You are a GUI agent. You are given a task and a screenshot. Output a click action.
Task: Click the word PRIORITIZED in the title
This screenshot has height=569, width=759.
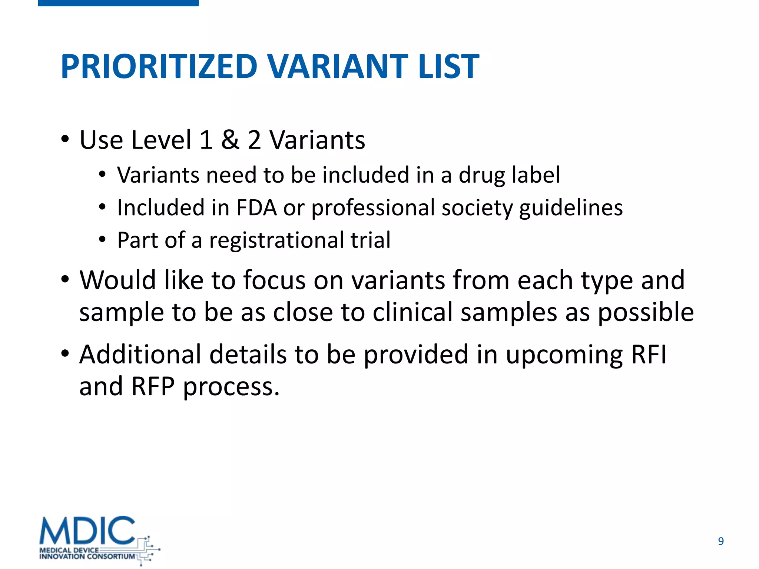(159, 67)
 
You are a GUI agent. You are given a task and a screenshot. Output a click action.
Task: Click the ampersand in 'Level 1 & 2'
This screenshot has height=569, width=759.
(230, 140)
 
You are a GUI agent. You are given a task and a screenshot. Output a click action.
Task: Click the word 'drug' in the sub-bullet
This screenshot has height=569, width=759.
(481, 176)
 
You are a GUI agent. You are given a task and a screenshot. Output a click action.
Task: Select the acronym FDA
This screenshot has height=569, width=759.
(256, 207)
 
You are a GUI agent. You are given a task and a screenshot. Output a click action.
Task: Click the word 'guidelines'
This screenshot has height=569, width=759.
(571, 208)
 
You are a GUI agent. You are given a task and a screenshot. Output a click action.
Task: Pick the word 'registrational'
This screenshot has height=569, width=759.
(276, 240)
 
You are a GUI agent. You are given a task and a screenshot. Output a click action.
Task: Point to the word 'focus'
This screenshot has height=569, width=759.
(274, 280)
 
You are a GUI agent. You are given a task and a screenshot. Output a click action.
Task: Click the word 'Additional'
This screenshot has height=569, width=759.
(140, 355)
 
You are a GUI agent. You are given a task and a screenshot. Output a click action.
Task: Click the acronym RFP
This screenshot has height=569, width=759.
(153, 387)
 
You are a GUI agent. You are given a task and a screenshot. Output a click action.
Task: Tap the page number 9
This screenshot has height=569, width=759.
(720, 541)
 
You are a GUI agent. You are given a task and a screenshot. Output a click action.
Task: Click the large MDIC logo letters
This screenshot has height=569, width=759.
(87, 530)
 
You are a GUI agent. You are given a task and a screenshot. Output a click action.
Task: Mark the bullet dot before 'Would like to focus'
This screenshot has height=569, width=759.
(65, 280)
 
